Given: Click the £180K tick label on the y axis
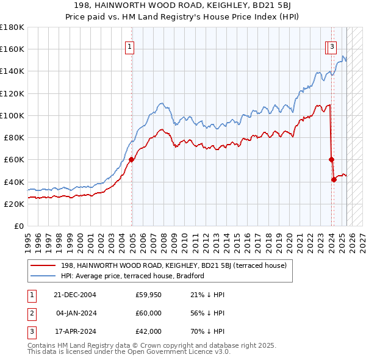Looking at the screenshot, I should tap(12, 27).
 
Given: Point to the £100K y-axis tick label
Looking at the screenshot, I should tap(12, 115).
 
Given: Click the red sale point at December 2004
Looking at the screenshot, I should tap(131, 160).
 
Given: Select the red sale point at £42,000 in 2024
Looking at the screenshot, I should tap(334, 179).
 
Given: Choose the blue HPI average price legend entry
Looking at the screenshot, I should tap(132, 276).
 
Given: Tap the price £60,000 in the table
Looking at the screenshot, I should tap(148, 313).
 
